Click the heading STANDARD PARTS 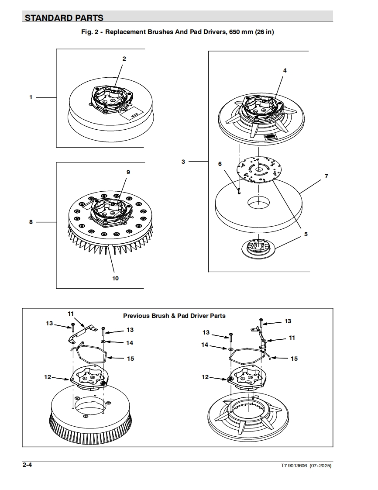point(64,18)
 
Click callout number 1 point(31,97)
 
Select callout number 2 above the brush point(124,59)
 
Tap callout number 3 point(183,162)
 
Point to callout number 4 point(285,70)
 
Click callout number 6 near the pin point(220,164)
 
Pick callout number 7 point(326,176)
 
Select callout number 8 point(31,222)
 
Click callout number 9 point(128,172)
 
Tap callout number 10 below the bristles point(115,278)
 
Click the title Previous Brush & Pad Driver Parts point(174,315)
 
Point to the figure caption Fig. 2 point(178,32)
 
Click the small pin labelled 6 point(239,191)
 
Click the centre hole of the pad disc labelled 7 point(259,202)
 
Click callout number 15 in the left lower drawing point(130,359)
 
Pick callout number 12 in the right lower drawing point(205,377)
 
